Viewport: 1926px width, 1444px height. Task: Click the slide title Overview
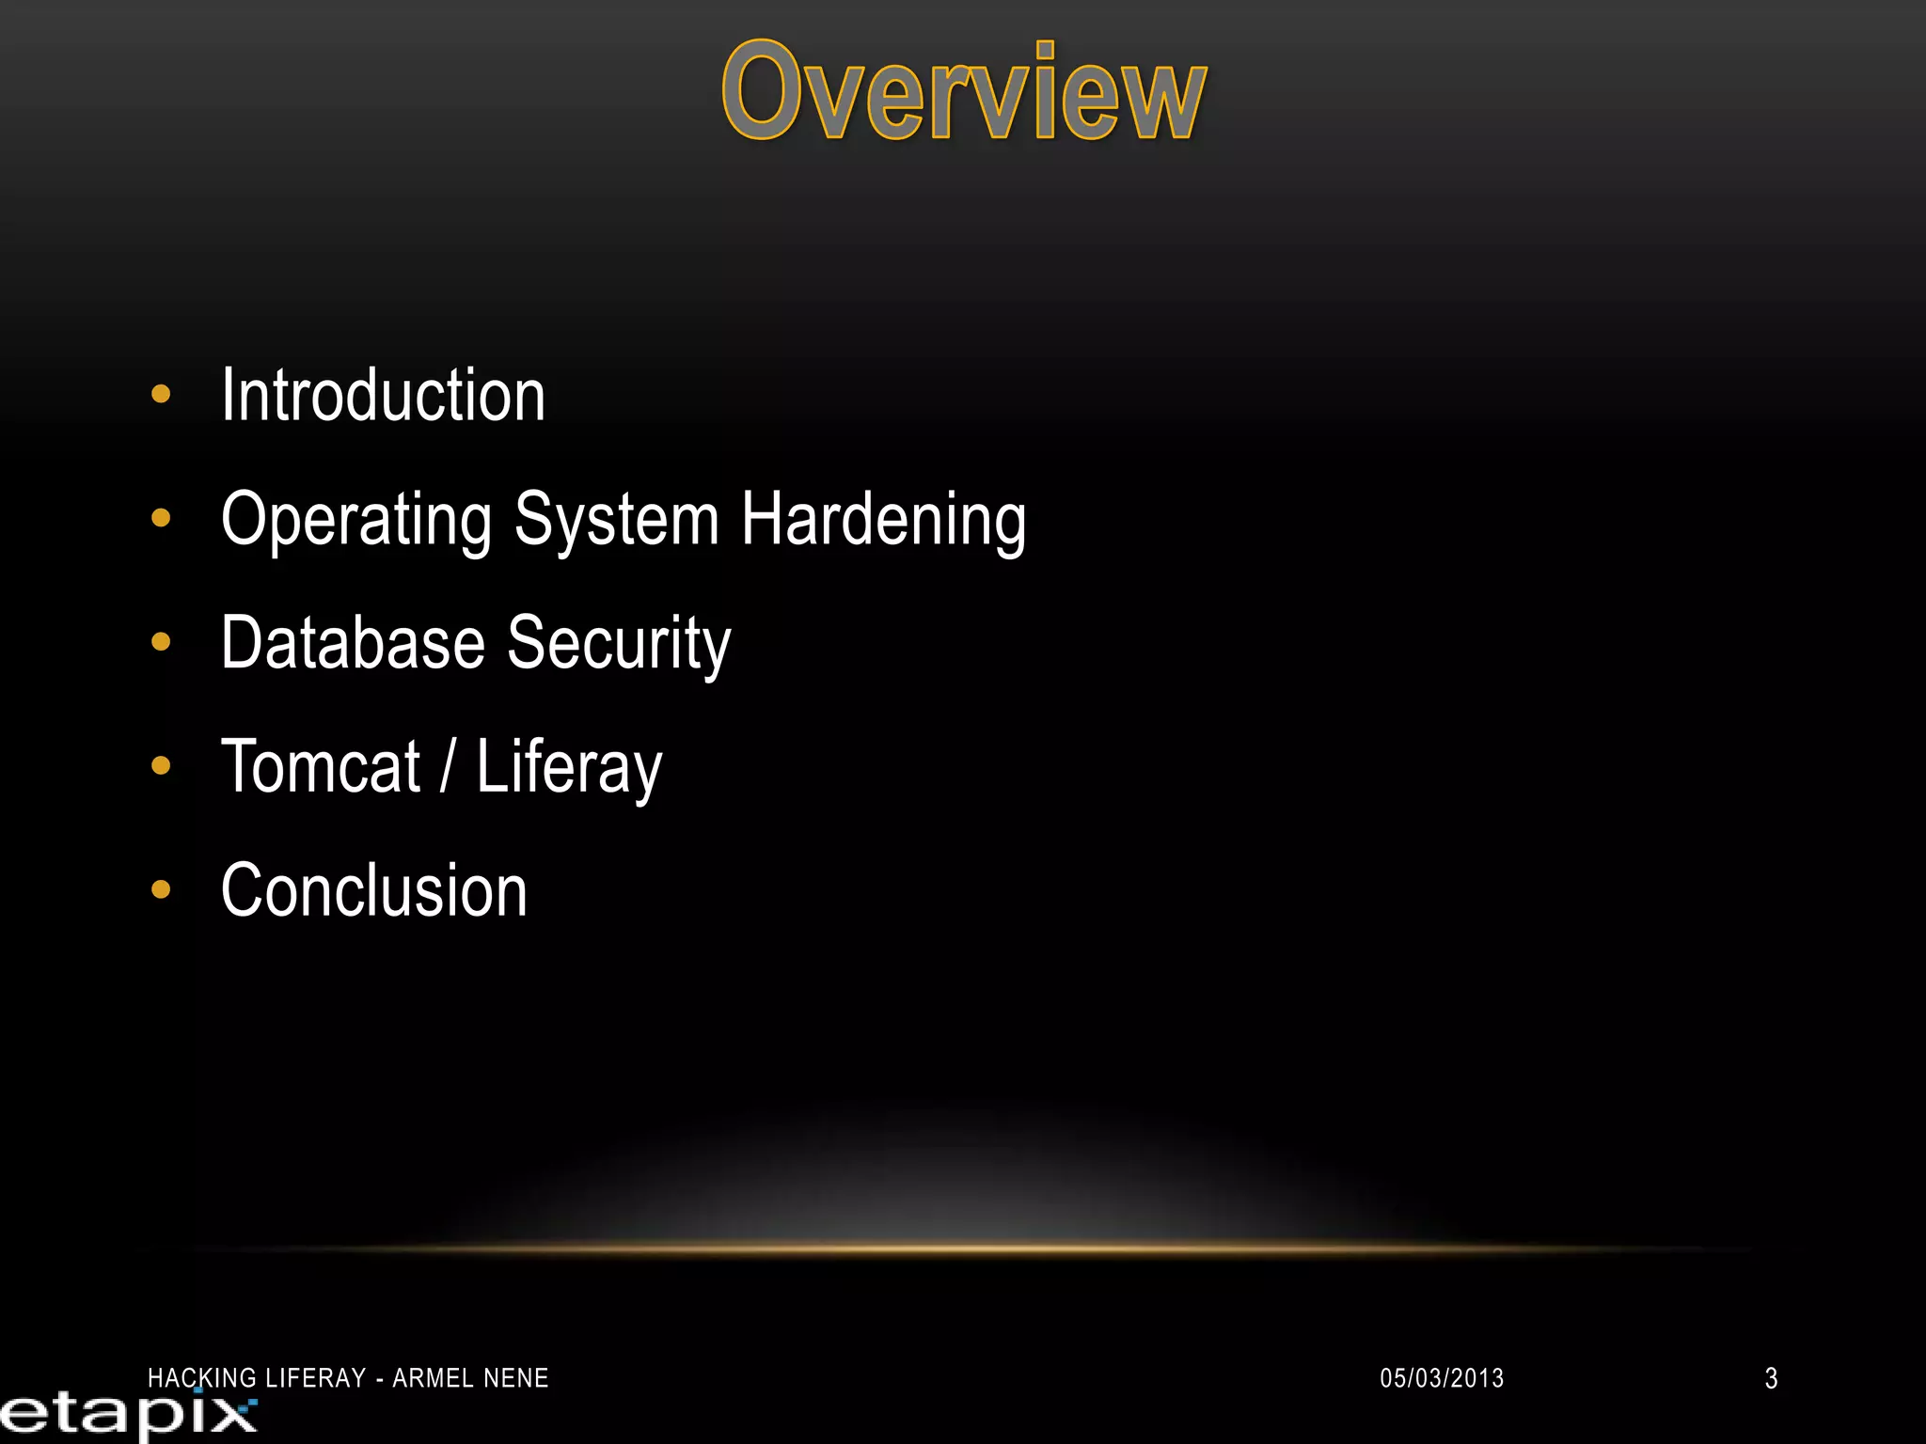point(964,92)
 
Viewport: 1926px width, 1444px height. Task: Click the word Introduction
point(383,396)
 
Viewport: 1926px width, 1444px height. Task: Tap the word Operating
point(356,520)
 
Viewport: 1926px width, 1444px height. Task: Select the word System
point(617,520)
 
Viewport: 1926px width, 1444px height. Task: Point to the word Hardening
point(883,520)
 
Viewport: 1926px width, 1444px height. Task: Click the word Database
point(354,643)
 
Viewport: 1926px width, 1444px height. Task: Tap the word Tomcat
point(321,767)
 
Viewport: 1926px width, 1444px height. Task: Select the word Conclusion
point(374,891)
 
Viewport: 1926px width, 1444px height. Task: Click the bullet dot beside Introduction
point(161,394)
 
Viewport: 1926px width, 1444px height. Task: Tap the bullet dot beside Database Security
point(161,642)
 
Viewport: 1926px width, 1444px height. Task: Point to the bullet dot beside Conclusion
point(161,889)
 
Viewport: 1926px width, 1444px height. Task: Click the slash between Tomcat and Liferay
point(448,767)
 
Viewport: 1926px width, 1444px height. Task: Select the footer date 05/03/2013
point(1442,1378)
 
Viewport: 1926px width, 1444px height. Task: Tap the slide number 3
point(1771,1378)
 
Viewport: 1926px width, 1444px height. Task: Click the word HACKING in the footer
point(203,1378)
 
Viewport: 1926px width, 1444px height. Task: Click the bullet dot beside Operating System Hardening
point(161,518)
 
